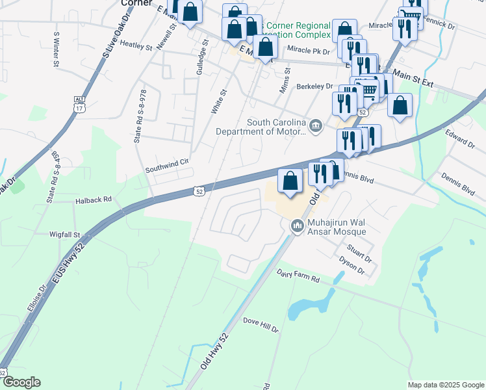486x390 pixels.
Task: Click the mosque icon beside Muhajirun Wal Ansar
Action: pyautogui.click(x=298, y=226)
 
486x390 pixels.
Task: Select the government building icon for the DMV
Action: pyautogui.click(x=315, y=125)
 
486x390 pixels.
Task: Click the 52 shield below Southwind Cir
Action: pyautogui.click(x=199, y=190)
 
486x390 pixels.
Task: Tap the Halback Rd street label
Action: pyautogui.click(x=94, y=200)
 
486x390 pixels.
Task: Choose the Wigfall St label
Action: pyautogui.click(x=64, y=234)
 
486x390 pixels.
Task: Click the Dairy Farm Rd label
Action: pyautogui.click(x=298, y=276)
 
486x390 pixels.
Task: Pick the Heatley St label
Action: pyautogui.click(x=135, y=47)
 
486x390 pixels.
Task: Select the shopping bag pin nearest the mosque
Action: pyautogui.click(x=290, y=181)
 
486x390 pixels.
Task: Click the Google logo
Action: pyautogui.click(x=21, y=382)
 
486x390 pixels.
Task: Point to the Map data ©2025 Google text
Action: pyautogui.click(x=445, y=385)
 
